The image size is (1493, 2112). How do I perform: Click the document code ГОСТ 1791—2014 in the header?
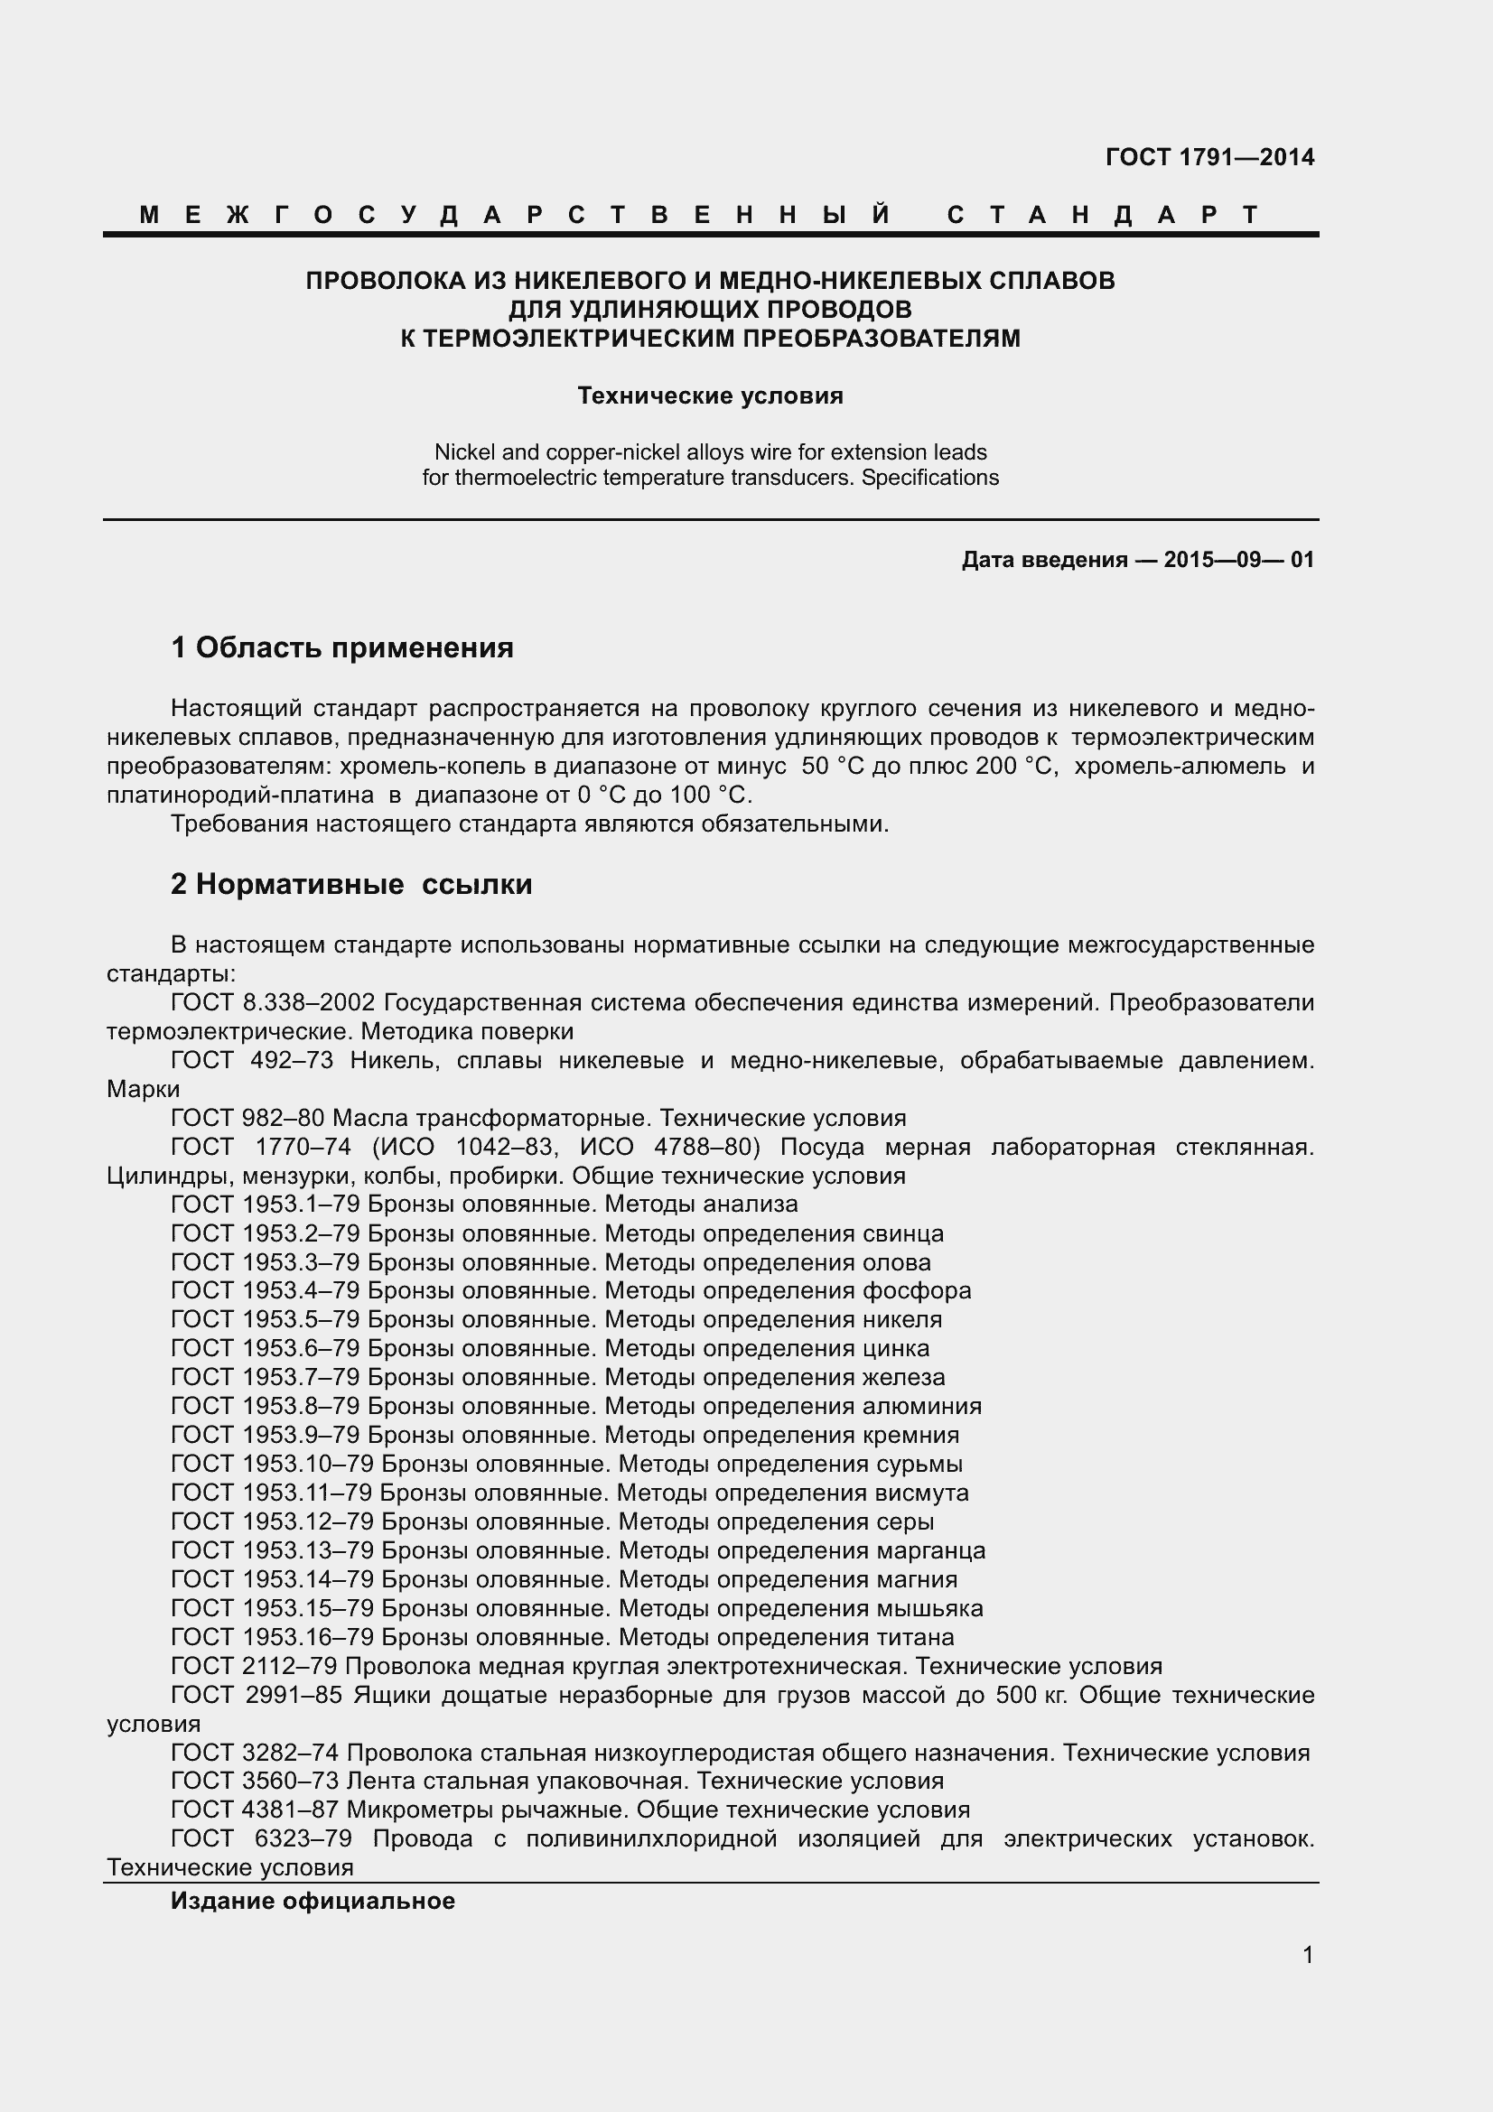[x=1208, y=157]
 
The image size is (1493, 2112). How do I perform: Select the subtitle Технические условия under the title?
[x=709, y=395]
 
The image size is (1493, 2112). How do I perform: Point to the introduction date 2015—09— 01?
[x=1238, y=559]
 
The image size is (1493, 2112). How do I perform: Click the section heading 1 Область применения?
[x=342, y=647]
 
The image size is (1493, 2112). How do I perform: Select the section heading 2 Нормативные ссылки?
[x=351, y=884]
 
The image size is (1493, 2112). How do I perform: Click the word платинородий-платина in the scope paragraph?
[x=240, y=795]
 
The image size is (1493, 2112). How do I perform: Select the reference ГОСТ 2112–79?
[x=255, y=1666]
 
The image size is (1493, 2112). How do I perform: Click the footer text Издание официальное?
[x=313, y=1901]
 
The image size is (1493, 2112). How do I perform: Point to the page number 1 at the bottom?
[x=1308, y=1955]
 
